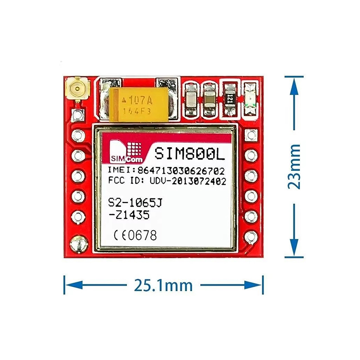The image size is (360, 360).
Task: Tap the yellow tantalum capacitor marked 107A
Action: pos(139,104)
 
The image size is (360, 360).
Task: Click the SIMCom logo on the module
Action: pos(126,152)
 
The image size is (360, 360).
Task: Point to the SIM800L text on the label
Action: pos(189,153)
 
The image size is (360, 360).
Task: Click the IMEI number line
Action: pos(166,171)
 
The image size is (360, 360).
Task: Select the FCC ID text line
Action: pos(167,181)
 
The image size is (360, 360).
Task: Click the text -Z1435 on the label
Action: pos(129,215)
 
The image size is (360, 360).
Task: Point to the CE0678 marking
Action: pos(135,235)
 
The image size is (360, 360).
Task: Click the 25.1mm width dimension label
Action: pos(163,285)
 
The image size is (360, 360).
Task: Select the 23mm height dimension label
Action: pos(294,166)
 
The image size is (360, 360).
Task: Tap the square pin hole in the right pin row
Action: pos(251,135)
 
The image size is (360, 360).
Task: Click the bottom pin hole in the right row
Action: pos(251,237)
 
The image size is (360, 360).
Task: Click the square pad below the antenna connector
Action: pos(77,115)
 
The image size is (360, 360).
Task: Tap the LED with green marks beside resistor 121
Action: pos(250,99)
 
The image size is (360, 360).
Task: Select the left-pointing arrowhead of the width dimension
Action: pos(74,285)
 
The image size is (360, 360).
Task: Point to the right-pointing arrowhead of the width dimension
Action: pos(253,285)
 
